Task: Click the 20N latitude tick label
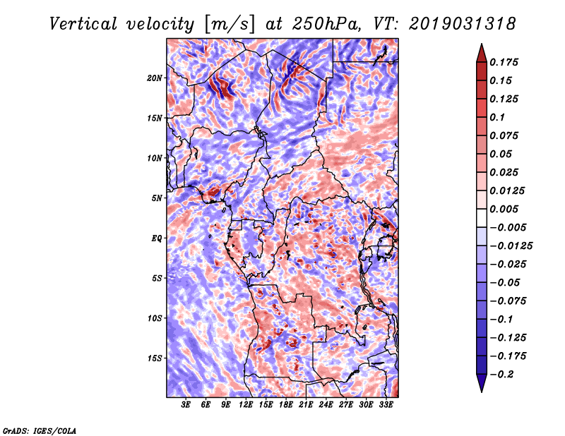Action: [154, 78]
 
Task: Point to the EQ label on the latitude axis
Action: [157, 238]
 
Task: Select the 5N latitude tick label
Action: [157, 198]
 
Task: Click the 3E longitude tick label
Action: [186, 405]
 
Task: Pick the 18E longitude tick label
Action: [286, 405]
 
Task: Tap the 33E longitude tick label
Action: [386, 405]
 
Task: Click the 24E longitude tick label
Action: [326, 405]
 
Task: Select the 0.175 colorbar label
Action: [504, 62]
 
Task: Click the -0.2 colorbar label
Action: [501, 375]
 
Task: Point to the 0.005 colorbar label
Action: [504, 209]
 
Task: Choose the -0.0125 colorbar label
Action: [511, 246]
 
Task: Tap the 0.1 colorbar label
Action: [497, 117]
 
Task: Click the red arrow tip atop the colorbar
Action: [482, 44]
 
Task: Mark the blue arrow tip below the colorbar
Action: [482, 392]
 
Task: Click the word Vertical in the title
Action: [83, 24]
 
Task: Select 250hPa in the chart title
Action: [326, 24]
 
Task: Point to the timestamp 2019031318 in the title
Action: [463, 24]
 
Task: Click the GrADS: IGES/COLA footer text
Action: [40, 430]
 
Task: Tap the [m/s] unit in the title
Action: [229, 24]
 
